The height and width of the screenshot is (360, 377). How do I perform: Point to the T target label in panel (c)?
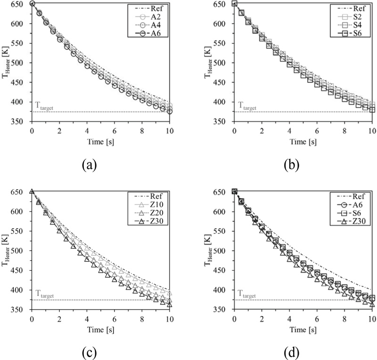click(x=44, y=296)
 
